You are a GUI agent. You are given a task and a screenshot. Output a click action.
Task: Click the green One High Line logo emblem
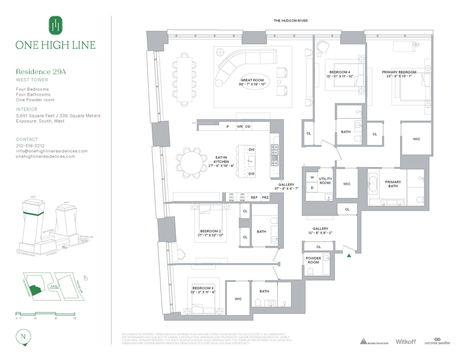(55, 26)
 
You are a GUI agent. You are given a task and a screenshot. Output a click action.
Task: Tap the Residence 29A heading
(41, 72)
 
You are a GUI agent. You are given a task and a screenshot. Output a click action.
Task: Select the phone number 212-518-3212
(30, 146)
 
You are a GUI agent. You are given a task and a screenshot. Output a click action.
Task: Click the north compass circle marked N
(23, 337)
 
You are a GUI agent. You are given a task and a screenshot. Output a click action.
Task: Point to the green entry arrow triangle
(349, 256)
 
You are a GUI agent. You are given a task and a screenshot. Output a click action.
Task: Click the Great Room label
(252, 80)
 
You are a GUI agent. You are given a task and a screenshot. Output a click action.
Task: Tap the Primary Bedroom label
(399, 72)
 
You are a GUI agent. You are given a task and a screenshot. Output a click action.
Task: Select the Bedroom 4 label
(340, 72)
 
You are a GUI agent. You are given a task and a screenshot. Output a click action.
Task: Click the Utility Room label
(325, 181)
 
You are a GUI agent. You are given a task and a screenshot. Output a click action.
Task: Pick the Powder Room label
(313, 260)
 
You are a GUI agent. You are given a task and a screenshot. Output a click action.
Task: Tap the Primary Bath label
(393, 184)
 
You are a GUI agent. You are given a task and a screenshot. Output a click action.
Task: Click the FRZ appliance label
(265, 197)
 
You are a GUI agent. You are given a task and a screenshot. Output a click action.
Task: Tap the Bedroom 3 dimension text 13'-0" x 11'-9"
(203, 292)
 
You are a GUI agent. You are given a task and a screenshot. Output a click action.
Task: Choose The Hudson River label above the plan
(291, 21)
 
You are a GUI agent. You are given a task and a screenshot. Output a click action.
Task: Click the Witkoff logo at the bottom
(405, 342)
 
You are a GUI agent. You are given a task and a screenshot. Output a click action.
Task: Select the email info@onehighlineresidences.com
(52, 151)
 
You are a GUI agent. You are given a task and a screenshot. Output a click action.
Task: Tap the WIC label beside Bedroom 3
(238, 299)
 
